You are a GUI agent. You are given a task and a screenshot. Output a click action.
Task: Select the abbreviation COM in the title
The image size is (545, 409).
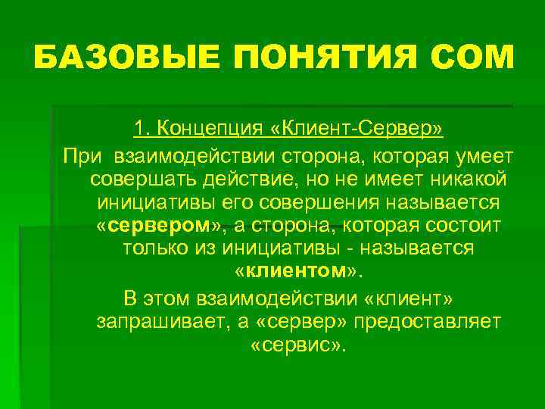(471, 58)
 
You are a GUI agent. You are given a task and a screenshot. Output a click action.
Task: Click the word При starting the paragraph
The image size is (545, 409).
(84, 155)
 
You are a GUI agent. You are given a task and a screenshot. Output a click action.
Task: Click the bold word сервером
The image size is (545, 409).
(161, 226)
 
